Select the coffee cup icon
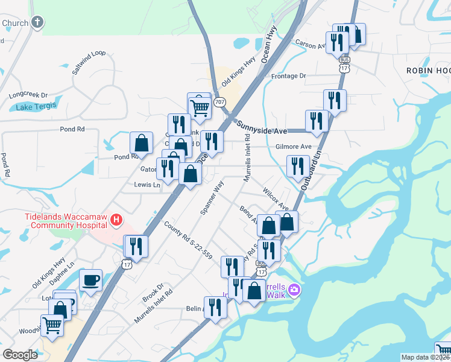(90, 280)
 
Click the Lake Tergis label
(36, 107)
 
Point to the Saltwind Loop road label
(89, 62)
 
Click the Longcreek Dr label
(28, 95)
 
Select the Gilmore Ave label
(293, 147)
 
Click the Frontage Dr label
(289, 76)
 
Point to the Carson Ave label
(310, 43)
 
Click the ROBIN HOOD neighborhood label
(428, 71)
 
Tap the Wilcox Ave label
(276, 198)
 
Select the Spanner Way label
(212, 197)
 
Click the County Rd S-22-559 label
(188, 240)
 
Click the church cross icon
(37, 23)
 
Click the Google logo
(20, 355)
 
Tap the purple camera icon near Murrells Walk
(294, 290)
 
